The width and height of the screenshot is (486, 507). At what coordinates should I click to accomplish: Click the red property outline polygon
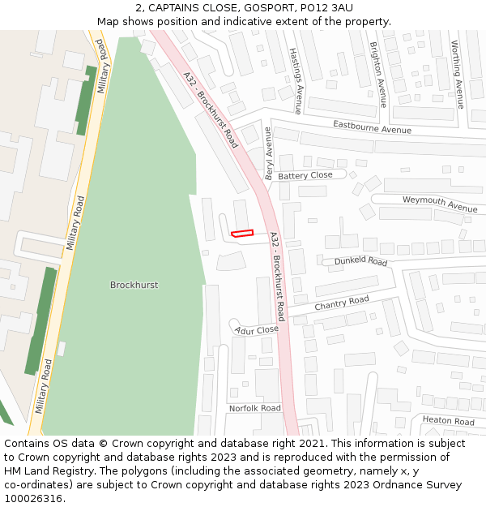[242, 234]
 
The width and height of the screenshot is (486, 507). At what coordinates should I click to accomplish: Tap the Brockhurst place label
[134, 285]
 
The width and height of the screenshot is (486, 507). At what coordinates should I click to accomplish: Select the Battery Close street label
[305, 175]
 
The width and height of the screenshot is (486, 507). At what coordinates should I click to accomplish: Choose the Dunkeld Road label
[361, 261]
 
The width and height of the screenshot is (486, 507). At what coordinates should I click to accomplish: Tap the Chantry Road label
[342, 303]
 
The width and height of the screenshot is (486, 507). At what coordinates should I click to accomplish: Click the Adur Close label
[257, 330]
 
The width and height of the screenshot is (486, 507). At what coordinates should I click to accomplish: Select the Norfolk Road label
[254, 408]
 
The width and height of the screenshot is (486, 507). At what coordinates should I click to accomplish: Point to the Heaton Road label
[448, 421]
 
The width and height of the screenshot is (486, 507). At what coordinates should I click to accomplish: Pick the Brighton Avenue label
[377, 75]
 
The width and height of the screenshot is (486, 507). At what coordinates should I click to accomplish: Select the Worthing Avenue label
[458, 74]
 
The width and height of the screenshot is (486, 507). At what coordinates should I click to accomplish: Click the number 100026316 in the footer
[32, 498]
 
